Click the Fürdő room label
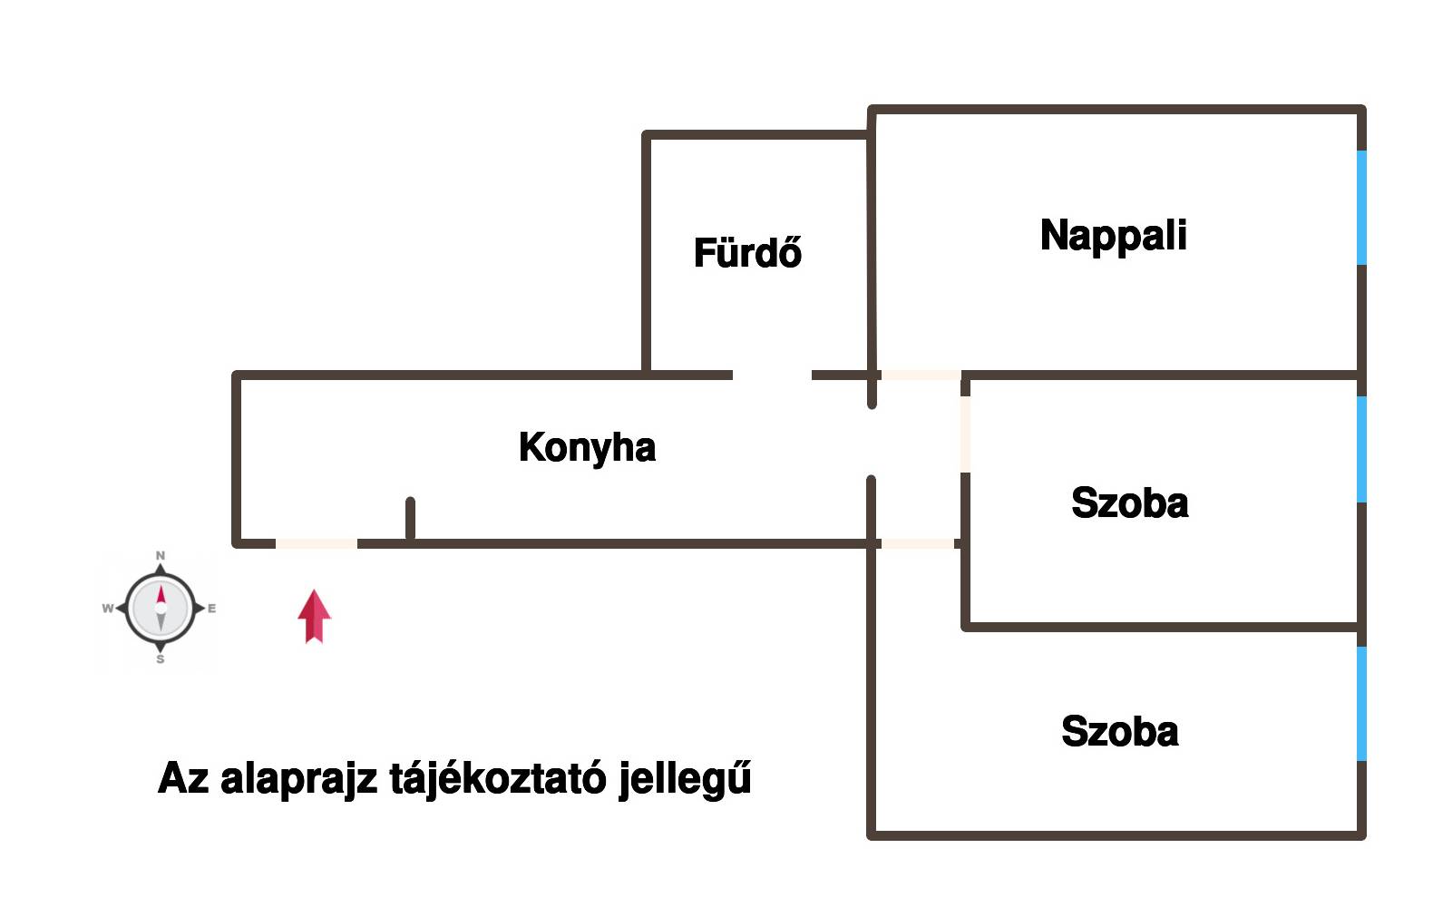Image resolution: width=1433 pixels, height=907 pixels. click(747, 252)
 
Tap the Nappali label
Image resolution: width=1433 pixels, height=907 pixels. click(1113, 236)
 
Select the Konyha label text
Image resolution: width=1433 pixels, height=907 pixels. click(588, 448)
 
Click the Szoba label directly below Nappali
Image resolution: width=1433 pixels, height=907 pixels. click(1130, 502)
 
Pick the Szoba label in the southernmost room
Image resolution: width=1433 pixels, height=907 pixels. click(1119, 730)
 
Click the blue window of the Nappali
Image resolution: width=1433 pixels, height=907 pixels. click(1361, 208)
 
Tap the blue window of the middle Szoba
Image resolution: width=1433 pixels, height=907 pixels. click(1361, 449)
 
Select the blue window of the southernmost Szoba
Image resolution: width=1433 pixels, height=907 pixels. click(1361, 704)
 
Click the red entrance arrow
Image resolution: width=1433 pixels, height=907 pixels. click(314, 616)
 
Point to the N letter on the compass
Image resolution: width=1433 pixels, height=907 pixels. click(161, 555)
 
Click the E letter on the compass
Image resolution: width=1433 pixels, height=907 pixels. click(211, 609)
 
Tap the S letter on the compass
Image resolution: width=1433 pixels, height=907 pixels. click(161, 659)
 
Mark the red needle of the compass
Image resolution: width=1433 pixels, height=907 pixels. click(161, 595)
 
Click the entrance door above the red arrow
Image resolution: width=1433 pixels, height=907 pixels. click(317, 543)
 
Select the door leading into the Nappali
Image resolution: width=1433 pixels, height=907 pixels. click(921, 375)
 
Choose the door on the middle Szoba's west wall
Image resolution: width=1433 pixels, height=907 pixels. click(965, 434)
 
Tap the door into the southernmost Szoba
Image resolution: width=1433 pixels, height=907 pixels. click(918, 543)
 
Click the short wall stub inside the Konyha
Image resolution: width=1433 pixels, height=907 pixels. click(411, 520)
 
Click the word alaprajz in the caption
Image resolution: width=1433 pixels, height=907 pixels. click(298, 779)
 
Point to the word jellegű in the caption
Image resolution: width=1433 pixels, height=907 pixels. click(685, 778)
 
